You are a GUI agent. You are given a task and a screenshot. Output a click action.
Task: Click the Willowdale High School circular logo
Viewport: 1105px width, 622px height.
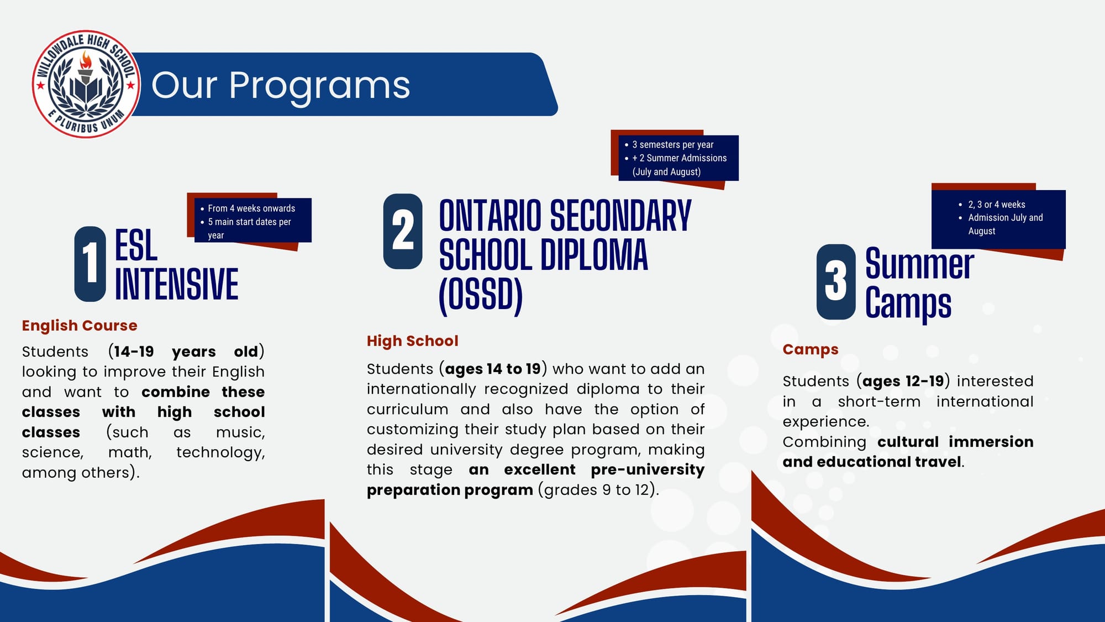[x=86, y=84]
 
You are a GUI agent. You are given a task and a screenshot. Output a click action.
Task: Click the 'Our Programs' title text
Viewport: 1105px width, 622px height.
[x=281, y=85]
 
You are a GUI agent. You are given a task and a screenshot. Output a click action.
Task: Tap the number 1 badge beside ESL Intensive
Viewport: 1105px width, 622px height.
[x=90, y=264]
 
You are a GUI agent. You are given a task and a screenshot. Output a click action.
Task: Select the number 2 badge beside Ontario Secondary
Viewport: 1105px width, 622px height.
[x=403, y=231]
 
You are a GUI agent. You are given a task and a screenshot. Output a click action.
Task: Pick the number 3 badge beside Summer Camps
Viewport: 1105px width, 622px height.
[x=836, y=281]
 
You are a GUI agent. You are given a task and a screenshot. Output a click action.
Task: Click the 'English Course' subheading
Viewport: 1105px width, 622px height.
[x=80, y=326]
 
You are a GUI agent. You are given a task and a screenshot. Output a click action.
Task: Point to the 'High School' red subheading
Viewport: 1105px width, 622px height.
[x=412, y=341]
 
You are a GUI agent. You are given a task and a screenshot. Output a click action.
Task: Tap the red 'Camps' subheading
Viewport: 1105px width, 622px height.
[x=810, y=349]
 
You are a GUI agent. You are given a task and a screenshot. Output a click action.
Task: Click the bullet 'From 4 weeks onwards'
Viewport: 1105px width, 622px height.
[x=251, y=208]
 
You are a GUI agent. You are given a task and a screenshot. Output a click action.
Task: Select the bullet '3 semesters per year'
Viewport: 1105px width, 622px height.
[x=672, y=145]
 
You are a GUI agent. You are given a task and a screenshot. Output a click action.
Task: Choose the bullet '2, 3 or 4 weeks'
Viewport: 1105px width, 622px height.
[x=996, y=205]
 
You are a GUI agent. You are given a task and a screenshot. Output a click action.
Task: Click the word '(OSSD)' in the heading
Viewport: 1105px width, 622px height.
[x=481, y=295]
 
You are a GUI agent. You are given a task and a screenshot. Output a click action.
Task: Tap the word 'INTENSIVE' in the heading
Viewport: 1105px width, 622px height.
[x=177, y=284]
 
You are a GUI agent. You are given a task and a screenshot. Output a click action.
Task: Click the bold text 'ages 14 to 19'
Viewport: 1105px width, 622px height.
[x=493, y=369]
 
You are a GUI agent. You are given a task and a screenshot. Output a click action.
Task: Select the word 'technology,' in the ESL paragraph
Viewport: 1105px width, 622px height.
[x=220, y=453]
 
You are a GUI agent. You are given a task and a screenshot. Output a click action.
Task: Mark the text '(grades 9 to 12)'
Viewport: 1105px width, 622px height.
[x=598, y=490]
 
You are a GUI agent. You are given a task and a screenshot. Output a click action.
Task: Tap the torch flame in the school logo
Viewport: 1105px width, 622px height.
[x=86, y=60]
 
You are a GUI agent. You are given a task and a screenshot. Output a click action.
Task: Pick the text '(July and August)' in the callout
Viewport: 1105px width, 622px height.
[x=666, y=172]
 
